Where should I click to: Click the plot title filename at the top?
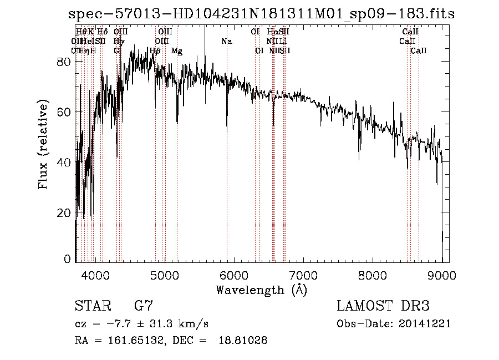click(x=259, y=14)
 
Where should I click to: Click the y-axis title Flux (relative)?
click(x=43, y=145)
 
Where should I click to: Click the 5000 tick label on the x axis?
click(x=164, y=275)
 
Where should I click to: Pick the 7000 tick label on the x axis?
click(x=303, y=275)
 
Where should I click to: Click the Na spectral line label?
click(x=226, y=42)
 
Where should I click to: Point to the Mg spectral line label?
click(x=177, y=51)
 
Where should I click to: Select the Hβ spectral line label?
click(x=155, y=51)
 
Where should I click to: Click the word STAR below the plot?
click(x=91, y=306)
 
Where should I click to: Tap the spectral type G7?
click(x=144, y=306)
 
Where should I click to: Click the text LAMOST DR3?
click(x=383, y=306)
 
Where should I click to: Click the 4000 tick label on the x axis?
click(x=95, y=275)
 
